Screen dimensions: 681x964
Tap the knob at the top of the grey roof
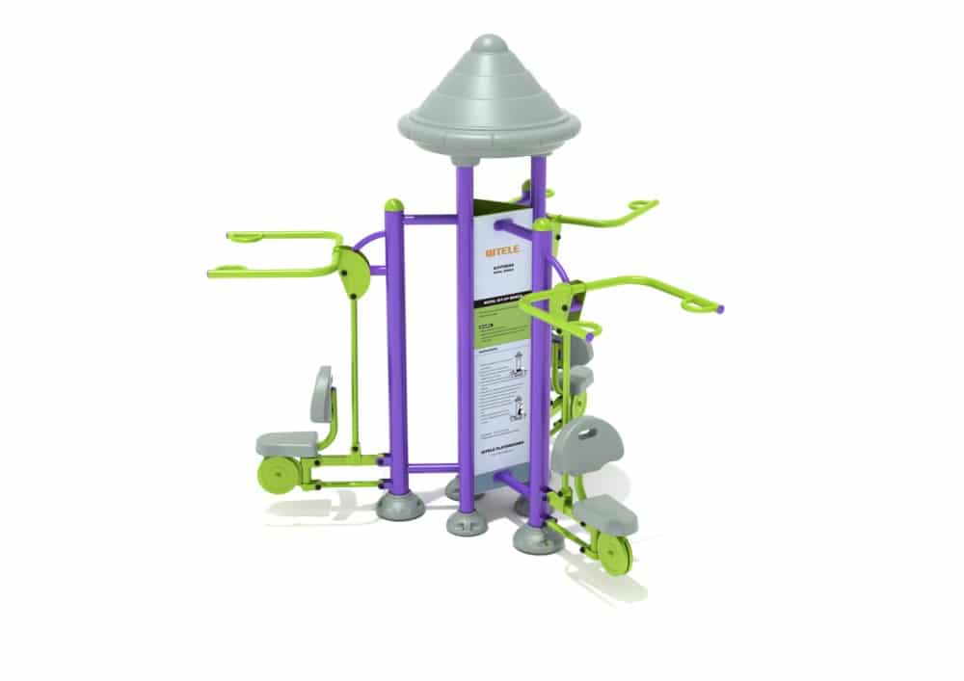pyautogui.click(x=490, y=43)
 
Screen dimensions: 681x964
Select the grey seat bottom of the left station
pyautogui.click(x=286, y=443)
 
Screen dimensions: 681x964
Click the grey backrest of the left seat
pyautogui.click(x=322, y=394)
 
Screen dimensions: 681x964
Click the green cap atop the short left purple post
pyautogui.click(x=393, y=205)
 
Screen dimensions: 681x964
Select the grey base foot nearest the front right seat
pyautogui.click(x=535, y=539)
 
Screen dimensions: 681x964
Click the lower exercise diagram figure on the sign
pyautogui.click(x=518, y=404)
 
